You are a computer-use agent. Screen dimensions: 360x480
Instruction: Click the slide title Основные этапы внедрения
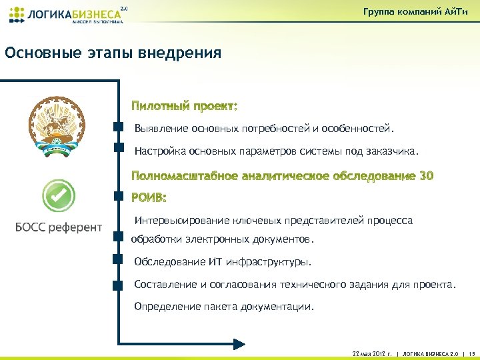click(x=113, y=53)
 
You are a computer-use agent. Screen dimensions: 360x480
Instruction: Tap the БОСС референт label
click(x=59, y=227)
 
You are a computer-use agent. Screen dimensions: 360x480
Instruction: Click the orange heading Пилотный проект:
click(x=184, y=106)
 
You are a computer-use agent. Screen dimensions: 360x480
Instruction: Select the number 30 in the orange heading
click(x=427, y=176)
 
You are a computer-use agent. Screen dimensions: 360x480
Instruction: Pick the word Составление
click(x=165, y=285)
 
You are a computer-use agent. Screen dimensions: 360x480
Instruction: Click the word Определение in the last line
click(x=165, y=307)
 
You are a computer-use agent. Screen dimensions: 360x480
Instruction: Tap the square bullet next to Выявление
click(x=119, y=126)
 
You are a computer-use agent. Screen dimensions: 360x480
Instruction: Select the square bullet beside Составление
click(x=119, y=285)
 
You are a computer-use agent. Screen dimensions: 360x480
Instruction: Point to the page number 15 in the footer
click(x=471, y=353)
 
